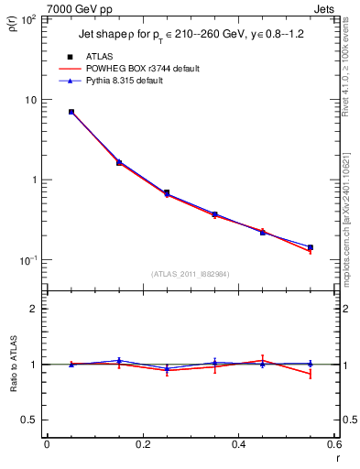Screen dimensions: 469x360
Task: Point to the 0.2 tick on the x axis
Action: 142,446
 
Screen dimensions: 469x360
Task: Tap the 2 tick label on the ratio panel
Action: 34,310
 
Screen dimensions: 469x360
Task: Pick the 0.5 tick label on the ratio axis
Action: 29,420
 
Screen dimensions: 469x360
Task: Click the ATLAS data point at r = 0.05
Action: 71,112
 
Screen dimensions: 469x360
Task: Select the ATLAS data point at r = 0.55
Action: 310,247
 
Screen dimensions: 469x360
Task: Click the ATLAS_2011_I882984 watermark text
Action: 191,274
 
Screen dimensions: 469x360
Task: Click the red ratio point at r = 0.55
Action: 310,374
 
